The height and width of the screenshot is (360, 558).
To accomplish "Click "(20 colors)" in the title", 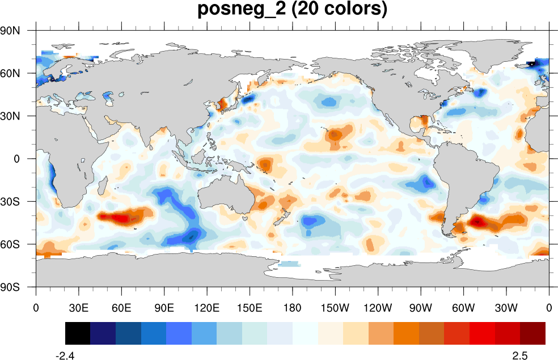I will tap(339, 10).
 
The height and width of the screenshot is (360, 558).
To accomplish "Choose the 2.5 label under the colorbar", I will tap(520, 355).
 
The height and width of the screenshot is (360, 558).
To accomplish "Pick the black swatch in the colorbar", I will tap(78, 333).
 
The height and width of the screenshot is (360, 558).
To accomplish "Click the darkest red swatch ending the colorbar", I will tap(533, 333).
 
